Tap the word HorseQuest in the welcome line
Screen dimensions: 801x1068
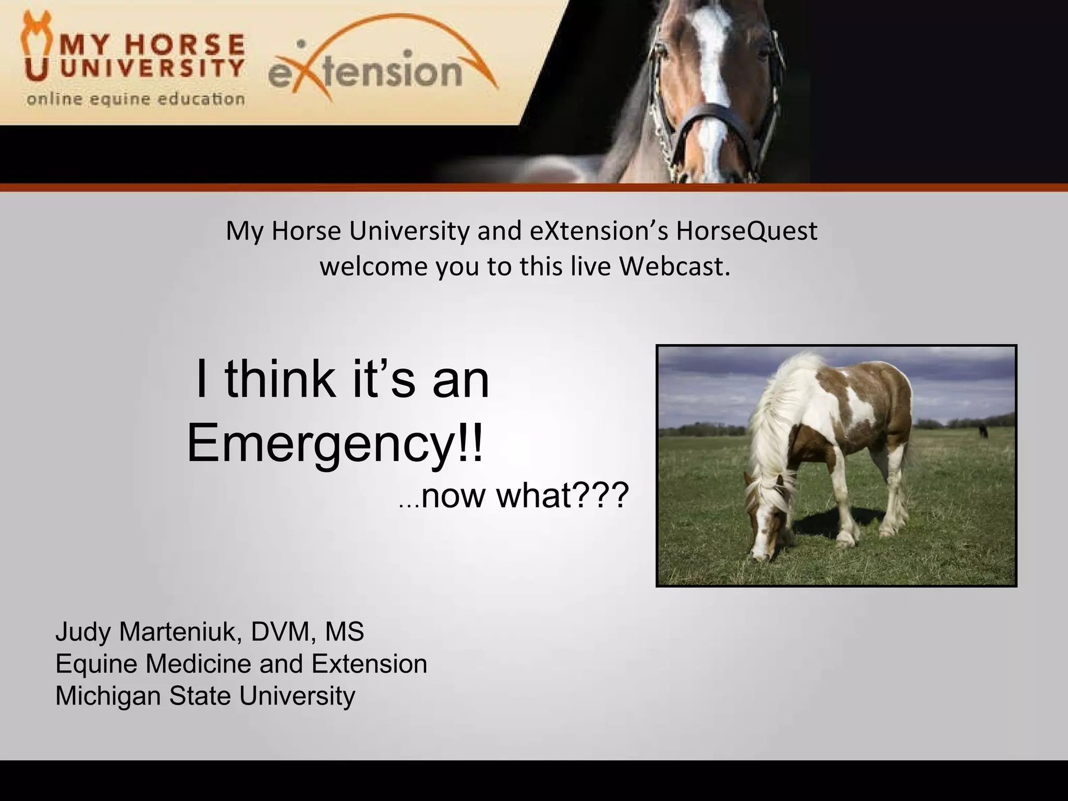pos(746,231)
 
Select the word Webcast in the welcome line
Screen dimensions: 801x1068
pos(674,266)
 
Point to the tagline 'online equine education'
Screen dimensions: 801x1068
pos(136,99)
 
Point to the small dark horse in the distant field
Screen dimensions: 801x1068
pos(984,431)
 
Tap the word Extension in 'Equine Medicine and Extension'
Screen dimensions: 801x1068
pos(369,664)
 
